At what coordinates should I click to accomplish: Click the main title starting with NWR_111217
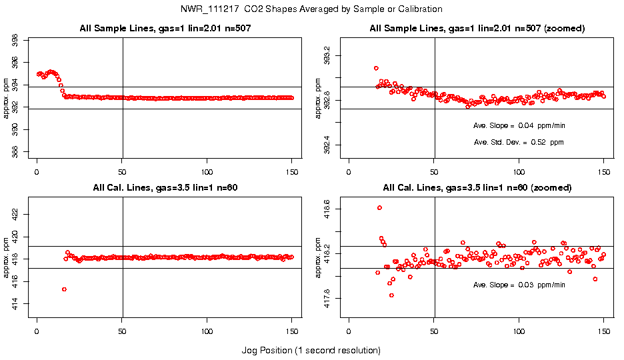(x=311, y=9)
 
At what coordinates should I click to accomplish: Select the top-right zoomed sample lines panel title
(x=477, y=29)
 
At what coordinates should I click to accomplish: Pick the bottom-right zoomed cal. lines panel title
(x=477, y=188)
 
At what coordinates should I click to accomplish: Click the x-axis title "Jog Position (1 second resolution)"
(x=311, y=350)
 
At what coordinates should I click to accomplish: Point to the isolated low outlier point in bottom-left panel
(x=64, y=289)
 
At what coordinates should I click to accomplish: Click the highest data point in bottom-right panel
(x=379, y=207)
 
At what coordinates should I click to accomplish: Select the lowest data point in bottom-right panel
(x=391, y=295)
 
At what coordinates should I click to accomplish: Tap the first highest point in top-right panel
(x=376, y=68)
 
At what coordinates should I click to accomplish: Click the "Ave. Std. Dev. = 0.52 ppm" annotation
(x=519, y=142)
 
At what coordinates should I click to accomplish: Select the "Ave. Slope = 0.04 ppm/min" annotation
(x=519, y=125)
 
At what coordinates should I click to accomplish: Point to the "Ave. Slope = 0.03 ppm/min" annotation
(x=519, y=285)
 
